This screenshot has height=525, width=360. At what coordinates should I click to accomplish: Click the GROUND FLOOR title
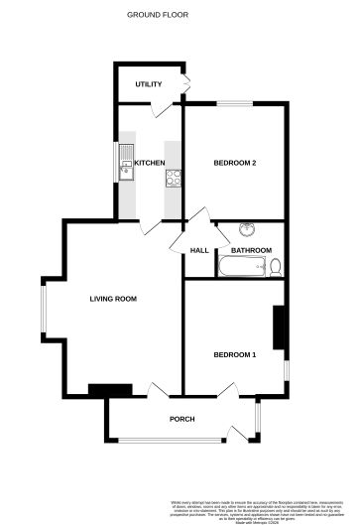coord(158,15)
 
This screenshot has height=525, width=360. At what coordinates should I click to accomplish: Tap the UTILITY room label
coord(149,85)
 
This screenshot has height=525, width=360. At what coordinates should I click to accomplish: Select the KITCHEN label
coord(150,163)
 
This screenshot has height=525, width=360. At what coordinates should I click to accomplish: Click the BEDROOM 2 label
coord(235,163)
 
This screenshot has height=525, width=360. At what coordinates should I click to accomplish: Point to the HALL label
coord(198,251)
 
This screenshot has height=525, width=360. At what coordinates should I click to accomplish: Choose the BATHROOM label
coord(251,251)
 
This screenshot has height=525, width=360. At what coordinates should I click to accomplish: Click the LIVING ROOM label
coord(112,299)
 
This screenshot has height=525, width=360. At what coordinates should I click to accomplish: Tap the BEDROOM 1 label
coord(234,354)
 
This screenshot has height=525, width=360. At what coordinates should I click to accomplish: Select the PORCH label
coord(181,419)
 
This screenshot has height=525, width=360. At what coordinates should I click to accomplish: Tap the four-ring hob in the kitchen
coord(174,179)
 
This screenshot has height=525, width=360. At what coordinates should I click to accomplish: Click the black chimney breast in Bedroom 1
coord(280,329)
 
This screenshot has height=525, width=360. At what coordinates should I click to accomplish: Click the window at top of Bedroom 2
coord(235,102)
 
